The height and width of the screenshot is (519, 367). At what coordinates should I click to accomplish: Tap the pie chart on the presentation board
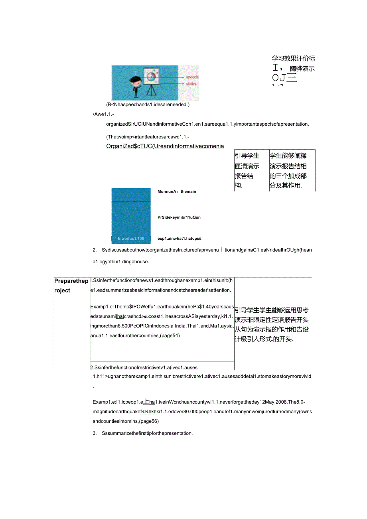point(151,75)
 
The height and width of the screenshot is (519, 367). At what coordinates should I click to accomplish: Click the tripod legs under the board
point(151,91)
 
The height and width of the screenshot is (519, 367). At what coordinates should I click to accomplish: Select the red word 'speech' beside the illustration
point(192,77)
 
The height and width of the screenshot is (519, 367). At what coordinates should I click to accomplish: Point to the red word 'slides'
point(191,84)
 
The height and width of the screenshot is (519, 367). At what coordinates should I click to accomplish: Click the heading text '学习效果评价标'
point(293,59)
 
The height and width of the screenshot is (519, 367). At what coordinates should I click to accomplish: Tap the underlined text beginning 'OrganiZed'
point(165,146)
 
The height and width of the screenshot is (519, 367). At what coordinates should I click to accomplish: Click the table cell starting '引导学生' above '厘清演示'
point(247,156)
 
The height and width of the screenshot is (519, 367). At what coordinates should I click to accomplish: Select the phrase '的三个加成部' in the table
point(288,176)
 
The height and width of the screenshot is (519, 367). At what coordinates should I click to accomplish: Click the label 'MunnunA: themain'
point(177,191)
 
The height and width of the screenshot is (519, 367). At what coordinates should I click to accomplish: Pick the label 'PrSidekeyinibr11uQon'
point(179,217)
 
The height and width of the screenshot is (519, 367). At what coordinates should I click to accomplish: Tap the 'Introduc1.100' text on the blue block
point(131,239)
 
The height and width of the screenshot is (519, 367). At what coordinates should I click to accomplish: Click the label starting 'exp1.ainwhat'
point(179,239)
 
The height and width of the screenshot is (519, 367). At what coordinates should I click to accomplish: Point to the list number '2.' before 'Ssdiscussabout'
point(95,250)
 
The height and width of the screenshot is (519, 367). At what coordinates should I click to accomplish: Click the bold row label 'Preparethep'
point(71,281)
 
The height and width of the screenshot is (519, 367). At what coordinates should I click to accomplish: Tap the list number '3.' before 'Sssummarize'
point(95,433)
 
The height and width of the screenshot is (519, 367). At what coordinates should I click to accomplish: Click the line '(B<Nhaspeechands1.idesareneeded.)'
point(148,105)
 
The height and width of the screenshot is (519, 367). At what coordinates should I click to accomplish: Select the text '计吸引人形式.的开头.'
point(264,339)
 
